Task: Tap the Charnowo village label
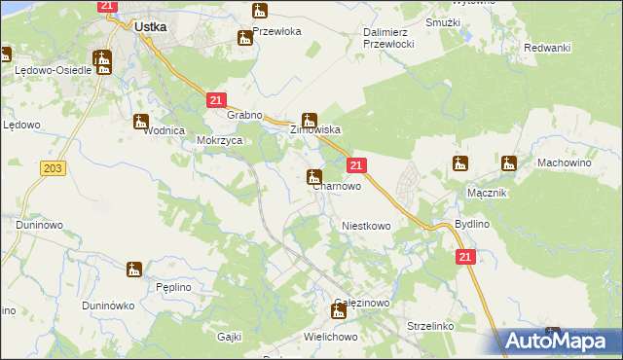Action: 337,186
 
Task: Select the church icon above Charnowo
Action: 314,177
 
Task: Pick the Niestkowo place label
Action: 366,226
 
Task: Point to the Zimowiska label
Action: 313,129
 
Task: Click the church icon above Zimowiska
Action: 309,121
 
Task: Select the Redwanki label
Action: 546,48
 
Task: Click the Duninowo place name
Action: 39,225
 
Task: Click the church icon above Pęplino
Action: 134,269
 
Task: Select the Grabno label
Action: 245,116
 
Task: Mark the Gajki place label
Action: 229,336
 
